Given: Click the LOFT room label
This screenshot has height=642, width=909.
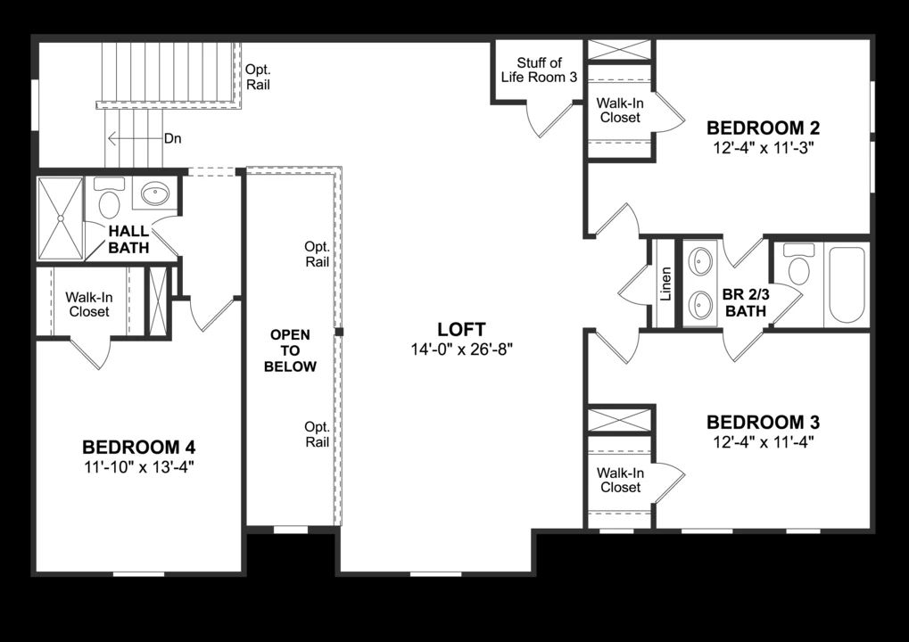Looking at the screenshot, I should [461, 327].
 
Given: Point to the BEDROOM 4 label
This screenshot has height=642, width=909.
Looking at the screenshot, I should [138, 447].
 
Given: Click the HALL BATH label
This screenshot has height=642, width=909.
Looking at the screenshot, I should [129, 239].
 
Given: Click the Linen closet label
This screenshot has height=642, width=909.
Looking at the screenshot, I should [665, 284].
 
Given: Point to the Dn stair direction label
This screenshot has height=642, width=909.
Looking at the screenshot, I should [173, 139].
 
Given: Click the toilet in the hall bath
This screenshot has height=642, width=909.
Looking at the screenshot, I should [110, 200].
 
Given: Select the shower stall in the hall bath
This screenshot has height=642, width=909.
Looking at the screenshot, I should [60, 217].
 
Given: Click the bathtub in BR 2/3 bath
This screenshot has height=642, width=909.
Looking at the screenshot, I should [846, 284].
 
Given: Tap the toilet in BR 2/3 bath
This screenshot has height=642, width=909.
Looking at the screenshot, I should [799, 266].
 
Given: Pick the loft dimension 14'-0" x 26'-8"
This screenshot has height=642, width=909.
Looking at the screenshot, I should [461, 349].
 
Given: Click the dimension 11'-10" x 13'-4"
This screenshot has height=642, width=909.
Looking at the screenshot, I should [138, 466].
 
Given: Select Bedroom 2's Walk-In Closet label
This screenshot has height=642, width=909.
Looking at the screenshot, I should [620, 110].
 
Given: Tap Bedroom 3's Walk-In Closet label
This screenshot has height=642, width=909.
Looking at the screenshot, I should [619, 480].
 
